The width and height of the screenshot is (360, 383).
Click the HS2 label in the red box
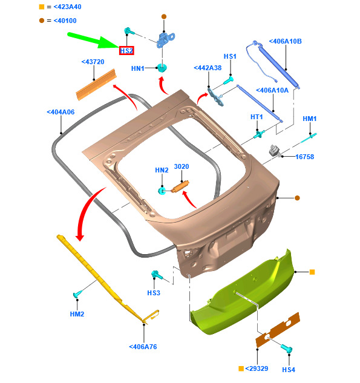coord(126,51)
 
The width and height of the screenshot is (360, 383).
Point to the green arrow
coord(93,40)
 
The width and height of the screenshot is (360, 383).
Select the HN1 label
coord(138,68)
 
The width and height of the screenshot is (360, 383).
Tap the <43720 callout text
coord(93,62)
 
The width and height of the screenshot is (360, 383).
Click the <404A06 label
coord(61,112)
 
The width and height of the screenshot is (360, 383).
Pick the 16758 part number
coord(304,157)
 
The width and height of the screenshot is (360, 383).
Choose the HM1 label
coord(309,119)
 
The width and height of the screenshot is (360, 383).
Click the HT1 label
coord(257,117)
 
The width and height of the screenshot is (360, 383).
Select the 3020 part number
coord(182,166)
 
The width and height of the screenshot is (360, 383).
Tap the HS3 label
coord(154,293)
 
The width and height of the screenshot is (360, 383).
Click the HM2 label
coord(77,314)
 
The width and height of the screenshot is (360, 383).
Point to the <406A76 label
coord(143,347)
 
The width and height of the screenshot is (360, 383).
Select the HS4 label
coord(289,370)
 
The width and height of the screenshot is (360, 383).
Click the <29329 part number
coord(257,368)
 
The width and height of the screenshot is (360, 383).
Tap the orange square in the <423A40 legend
coord(42,7)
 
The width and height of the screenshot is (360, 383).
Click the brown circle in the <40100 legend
coord(42,21)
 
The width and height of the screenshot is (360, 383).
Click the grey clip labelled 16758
coord(275,151)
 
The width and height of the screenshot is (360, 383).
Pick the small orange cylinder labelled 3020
coord(180,186)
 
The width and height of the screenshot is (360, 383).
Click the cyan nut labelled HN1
coord(162,68)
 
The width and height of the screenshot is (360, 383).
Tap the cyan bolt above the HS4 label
coord(286,348)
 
